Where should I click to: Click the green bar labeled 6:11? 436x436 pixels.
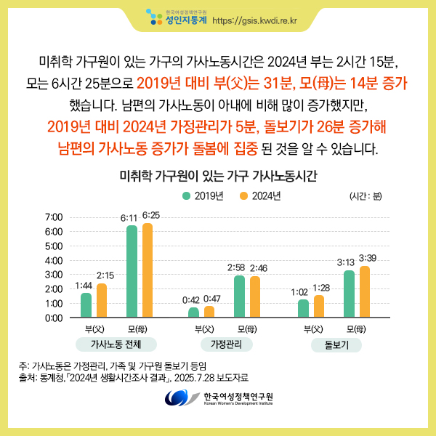point(132,272)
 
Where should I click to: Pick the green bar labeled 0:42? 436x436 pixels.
point(193,312)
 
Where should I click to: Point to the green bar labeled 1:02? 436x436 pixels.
point(303,308)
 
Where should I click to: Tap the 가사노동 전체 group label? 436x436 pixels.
point(116,344)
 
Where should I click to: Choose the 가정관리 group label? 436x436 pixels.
point(225,344)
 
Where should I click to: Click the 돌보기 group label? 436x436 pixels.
point(334,344)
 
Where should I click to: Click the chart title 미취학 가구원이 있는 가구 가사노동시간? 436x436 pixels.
point(218,177)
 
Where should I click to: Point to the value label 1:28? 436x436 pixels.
point(321,288)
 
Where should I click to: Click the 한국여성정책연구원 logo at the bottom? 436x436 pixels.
point(218,398)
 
